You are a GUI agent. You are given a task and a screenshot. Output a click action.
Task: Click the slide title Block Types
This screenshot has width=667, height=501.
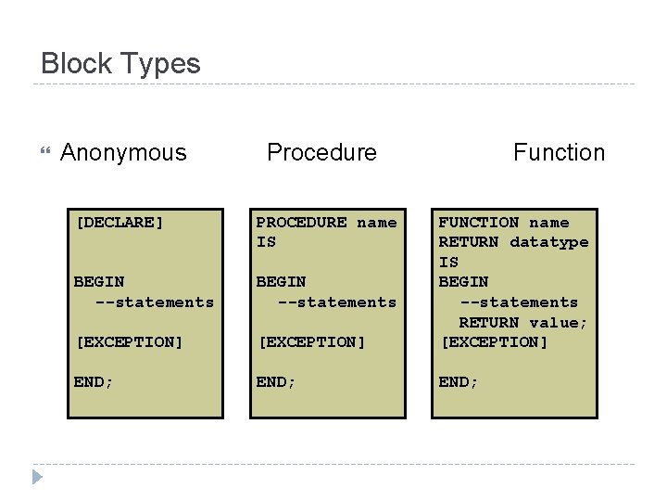pyautogui.click(x=120, y=64)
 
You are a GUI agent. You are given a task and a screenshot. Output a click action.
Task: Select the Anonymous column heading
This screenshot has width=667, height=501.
pyautogui.click(x=123, y=152)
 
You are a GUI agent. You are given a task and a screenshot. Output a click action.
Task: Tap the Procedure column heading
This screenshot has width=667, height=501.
pyautogui.click(x=321, y=152)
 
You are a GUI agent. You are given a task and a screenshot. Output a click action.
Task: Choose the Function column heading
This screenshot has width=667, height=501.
pyautogui.click(x=559, y=152)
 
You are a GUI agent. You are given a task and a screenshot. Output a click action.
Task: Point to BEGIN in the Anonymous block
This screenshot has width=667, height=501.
pyautogui.click(x=99, y=282)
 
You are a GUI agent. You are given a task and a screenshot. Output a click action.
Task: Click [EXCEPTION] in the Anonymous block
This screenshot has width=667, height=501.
pyautogui.click(x=129, y=342)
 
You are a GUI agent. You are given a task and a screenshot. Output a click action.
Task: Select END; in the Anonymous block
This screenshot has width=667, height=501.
pyautogui.click(x=94, y=382)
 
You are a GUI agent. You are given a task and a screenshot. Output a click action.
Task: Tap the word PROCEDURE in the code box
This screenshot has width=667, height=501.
pyautogui.click(x=301, y=223)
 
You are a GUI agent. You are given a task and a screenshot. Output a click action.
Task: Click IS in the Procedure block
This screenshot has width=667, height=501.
pyautogui.click(x=266, y=242)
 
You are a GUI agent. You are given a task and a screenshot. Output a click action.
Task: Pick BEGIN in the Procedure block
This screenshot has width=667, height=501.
pyautogui.click(x=282, y=282)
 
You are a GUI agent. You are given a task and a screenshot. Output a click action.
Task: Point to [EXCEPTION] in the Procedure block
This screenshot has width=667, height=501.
pyautogui.click(x=311, y=342)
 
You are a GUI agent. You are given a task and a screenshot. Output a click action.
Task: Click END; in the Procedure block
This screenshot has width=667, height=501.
pyautogui.click(x=276, y=382)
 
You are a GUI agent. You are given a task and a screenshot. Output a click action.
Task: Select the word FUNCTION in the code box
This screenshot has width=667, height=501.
pyautogui.click(x=478, y=223)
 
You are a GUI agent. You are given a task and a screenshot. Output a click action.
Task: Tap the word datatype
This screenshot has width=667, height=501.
pyautogui.click(x=548, y=242)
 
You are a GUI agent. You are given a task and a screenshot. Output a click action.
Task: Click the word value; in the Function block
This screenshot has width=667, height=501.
pyautogui.click(x=559, y=323)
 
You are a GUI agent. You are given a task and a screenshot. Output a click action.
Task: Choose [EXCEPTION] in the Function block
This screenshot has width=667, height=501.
pyautogui.click(x=494, y=342)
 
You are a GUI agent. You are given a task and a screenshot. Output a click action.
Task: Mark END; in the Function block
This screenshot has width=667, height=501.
pyautogui.click(x=459, y=382)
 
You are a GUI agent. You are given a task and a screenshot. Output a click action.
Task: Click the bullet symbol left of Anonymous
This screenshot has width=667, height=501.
pyautogui.click(x=44, y=151)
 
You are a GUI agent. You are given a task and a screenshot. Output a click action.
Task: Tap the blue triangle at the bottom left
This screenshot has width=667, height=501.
pyautogui.click(x=36, y=478)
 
